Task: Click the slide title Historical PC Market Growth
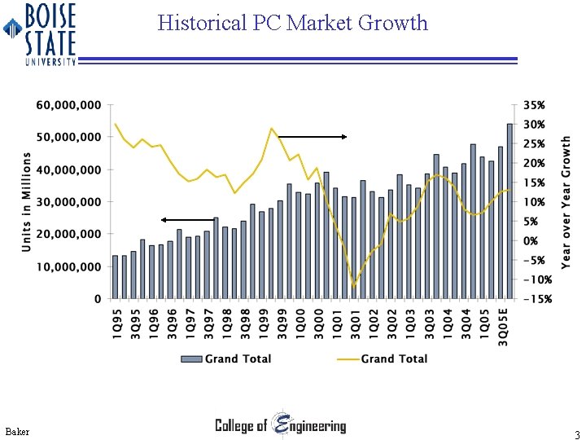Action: coord(293,23)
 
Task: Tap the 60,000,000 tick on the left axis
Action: coord(68,105)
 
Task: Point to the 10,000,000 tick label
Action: coord(68,266)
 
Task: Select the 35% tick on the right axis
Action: coord(534,105)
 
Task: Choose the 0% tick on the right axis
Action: coord(531,241)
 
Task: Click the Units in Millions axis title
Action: coord(26,201)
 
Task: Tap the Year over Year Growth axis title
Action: coord(566,201)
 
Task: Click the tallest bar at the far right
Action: coord(510,212)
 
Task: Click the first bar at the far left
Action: coord(116,277)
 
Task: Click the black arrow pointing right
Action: coord(312,137)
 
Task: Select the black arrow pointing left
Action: coord(188,219)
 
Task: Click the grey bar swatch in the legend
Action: coord(190,359)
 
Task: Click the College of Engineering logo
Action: coord(280,425)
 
